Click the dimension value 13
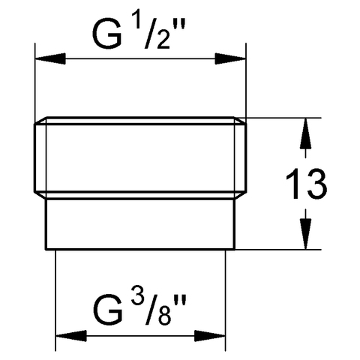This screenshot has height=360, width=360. tap(306, 184)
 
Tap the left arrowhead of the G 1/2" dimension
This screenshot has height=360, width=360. tap(50, 58)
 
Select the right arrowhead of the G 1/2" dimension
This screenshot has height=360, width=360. tap(230, 58)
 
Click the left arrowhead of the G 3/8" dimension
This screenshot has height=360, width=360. tap(71, 336)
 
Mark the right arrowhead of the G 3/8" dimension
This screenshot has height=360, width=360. tap(210, 336)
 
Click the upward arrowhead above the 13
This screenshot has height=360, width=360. tap(305, 134)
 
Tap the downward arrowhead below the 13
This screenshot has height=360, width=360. tap(305, 233)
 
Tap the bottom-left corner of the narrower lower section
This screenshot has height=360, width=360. tap(46, 249)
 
